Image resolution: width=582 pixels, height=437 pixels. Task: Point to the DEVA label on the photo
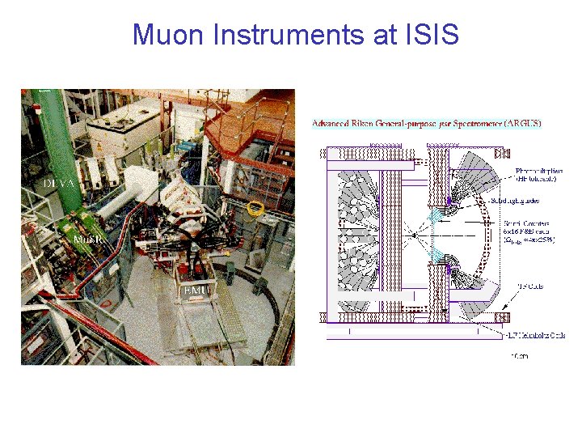tap(60, 184)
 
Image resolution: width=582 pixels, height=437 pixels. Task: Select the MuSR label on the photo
tap(87, 240)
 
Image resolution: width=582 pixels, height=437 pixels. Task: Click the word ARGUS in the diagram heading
tap(521, 124)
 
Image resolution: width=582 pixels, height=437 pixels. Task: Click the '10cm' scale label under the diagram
tap(514, 354)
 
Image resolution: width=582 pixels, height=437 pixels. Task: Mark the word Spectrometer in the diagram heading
tap(473, 124)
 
